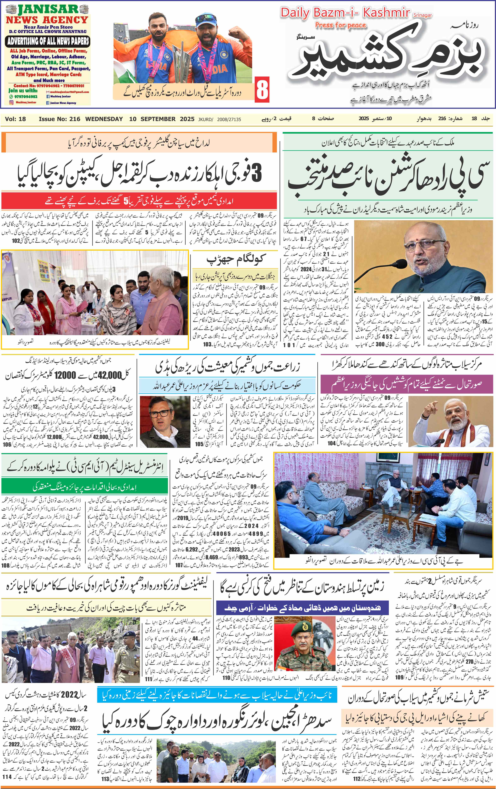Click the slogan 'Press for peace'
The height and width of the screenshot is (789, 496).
(x=340, y=25)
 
